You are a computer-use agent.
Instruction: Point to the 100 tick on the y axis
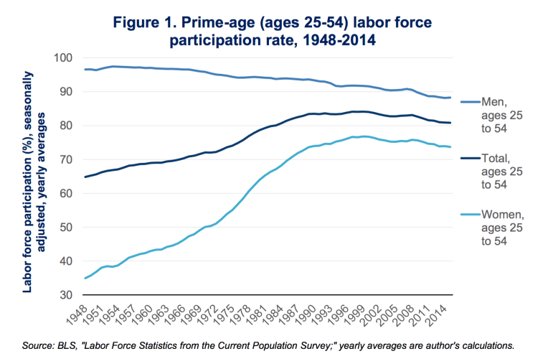click(63, 57)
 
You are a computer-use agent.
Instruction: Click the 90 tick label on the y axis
click(65, 92)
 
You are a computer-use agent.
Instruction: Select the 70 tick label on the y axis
click(65, 159)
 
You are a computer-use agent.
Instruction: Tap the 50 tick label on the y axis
click(65, 228)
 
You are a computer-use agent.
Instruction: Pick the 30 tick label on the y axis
click(65, 295)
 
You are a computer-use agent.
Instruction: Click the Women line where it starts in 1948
click(85, 278)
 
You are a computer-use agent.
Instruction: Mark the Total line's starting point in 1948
click(85, 177)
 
